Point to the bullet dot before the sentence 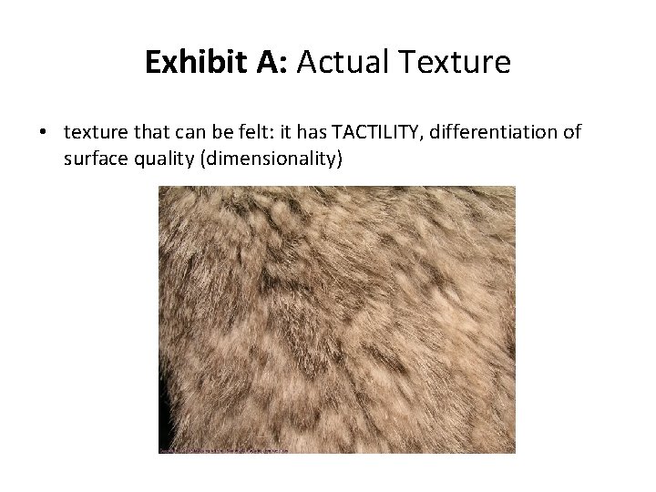44,133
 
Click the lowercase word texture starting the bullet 94,133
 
